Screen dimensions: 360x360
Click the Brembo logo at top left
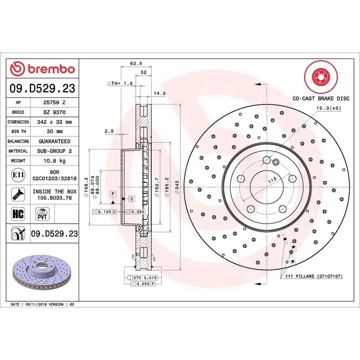[42, 69]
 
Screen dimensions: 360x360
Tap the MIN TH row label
[18, 131]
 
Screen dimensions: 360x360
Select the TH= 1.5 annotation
[120, 84]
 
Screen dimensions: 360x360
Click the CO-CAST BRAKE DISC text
[321, 98]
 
